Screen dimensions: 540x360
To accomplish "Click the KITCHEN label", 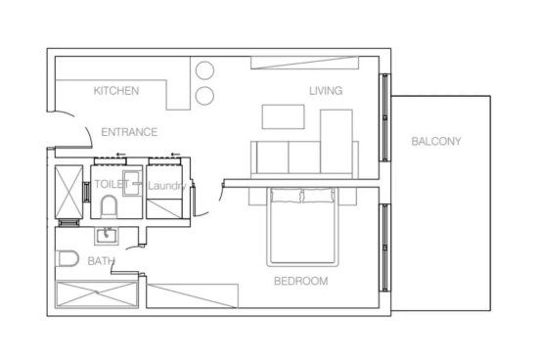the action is (x=116, y=91).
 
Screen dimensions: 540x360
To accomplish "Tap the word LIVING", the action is (x=326, y=91).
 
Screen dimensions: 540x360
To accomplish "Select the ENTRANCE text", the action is (x=129, y=132).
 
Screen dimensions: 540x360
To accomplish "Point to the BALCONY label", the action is (x=436, y=141).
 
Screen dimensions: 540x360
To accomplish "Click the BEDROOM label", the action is (x=300, y=281).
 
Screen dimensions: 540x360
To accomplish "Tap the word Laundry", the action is (x=167, y=186).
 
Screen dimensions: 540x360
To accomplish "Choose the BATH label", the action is (x=101, y=261).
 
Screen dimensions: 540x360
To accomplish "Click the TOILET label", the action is (x=112, y=184).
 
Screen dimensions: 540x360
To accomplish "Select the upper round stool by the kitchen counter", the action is (x=204, y=70).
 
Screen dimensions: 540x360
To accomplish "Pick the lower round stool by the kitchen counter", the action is (x=204, y=96).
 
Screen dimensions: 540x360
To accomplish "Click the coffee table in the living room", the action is (x=283, y=116).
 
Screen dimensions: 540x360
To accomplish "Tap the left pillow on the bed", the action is (x=287, y=195).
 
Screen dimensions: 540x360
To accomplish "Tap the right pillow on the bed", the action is (x=318, y=195).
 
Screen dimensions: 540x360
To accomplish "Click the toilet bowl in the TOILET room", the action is (x=109, y=206).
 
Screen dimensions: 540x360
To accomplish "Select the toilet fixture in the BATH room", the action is (x=67, y=258).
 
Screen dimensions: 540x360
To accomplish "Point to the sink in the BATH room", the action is (x=107, y=236).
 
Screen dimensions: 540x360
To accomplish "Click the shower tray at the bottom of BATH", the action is (x=97, y=294).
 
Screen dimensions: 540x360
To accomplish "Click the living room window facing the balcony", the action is (x=384, y=117).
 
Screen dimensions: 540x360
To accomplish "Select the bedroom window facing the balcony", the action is (x=384, y=247).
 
